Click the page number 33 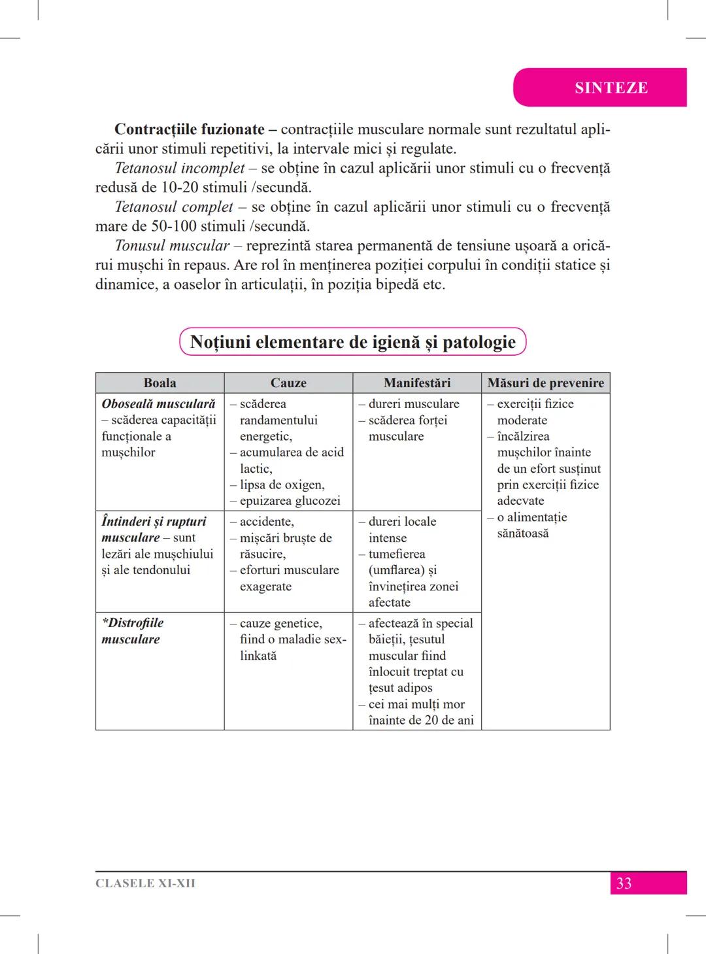pyautogui.click(x=624, y=883)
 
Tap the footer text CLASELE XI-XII pyautogui.click(x=145, y=883)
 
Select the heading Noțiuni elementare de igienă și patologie pyautogui.click(x=352, y=342)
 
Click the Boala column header pyautogui.click(x=160, y=383)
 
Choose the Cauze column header pyautogui.click(x=288, y=383)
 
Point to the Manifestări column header pyautogui.click(x=417, y=383)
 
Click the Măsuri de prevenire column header pyautogui.click(x=546, y=383)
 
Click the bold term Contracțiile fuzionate pyautogui.click(x=190, y=129)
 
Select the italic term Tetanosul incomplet pyautogui.click(x=180, y=168)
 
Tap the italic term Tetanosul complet pyautogui.click(x=174, y=207)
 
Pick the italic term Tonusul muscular pyautogui.click(x=172, y=246)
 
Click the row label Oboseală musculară pyautogui.click(x=158, y=404)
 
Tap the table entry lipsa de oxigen pyautogui.click(x=282, y=485)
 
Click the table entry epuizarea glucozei pyautogui.click(x=290, y=501)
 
